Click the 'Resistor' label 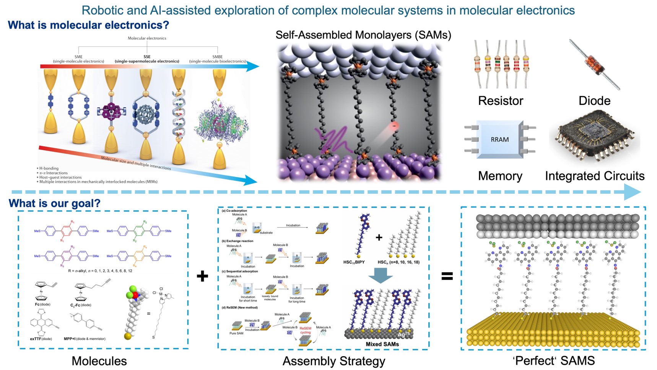coord(500,101)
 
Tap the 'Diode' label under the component coord(594,101)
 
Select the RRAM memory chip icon coord(499,139)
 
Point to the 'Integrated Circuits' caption coord(594,176)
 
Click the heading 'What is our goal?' coord(54,203)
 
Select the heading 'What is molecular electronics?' coord(88,25)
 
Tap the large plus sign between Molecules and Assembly coord(202,276)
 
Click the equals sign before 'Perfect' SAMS coord(447,276)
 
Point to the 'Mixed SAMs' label coord(382,344)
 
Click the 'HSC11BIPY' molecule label coord(354,262)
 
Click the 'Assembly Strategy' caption coord(333,361)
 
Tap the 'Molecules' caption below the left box coord(99,361)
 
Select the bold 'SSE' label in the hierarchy coord(147,57)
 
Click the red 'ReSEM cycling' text coord(305,330)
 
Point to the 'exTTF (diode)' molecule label coord(41,339)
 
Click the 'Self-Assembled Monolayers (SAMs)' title coord(363,35)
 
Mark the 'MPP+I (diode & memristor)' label coord(85,339)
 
